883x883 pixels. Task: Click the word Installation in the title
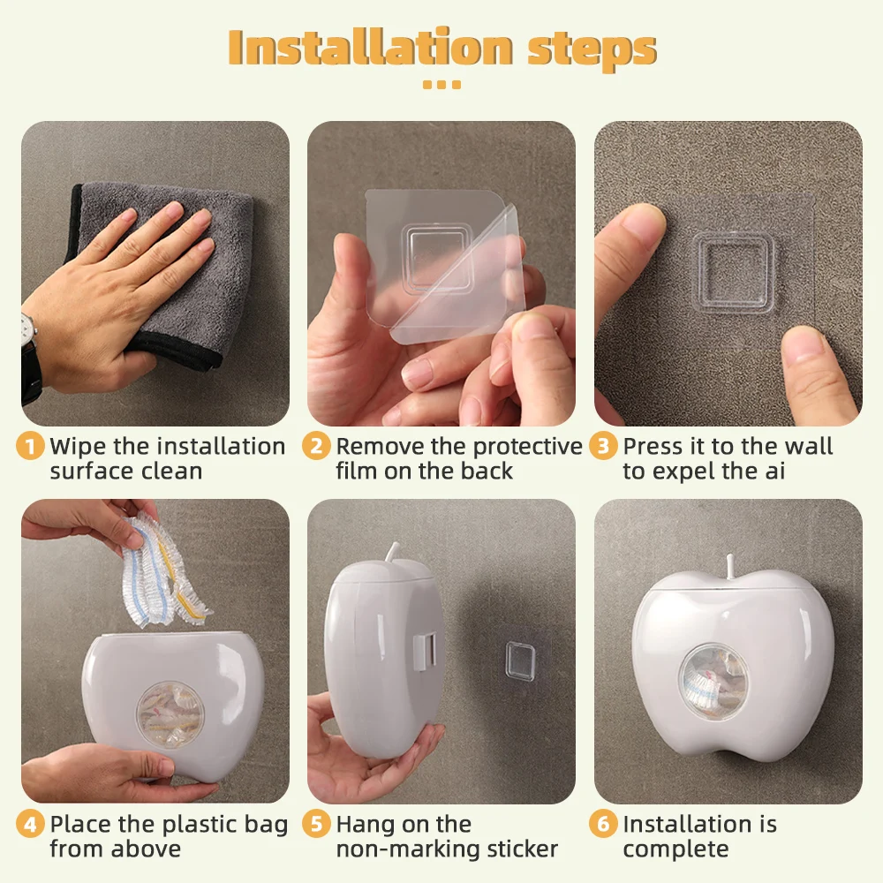(x=370, y=48)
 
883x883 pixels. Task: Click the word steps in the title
(x=592, y=50)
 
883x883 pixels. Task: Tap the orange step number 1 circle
(x=30, y=446)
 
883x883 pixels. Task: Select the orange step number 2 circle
(x=316, y=446)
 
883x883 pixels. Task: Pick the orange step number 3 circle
(x=603, y=446)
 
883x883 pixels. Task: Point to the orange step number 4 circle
(x=30, y=824)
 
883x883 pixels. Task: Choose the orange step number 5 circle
(x=316, y=824)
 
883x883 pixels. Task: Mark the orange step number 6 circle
(x=603, y=824)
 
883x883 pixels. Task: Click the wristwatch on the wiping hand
(x=29, y=355)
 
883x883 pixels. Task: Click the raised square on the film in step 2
(x=436, y=257)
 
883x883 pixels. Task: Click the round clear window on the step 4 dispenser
(x=170, y=714)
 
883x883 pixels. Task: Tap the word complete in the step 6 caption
(x=675, y=849)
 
